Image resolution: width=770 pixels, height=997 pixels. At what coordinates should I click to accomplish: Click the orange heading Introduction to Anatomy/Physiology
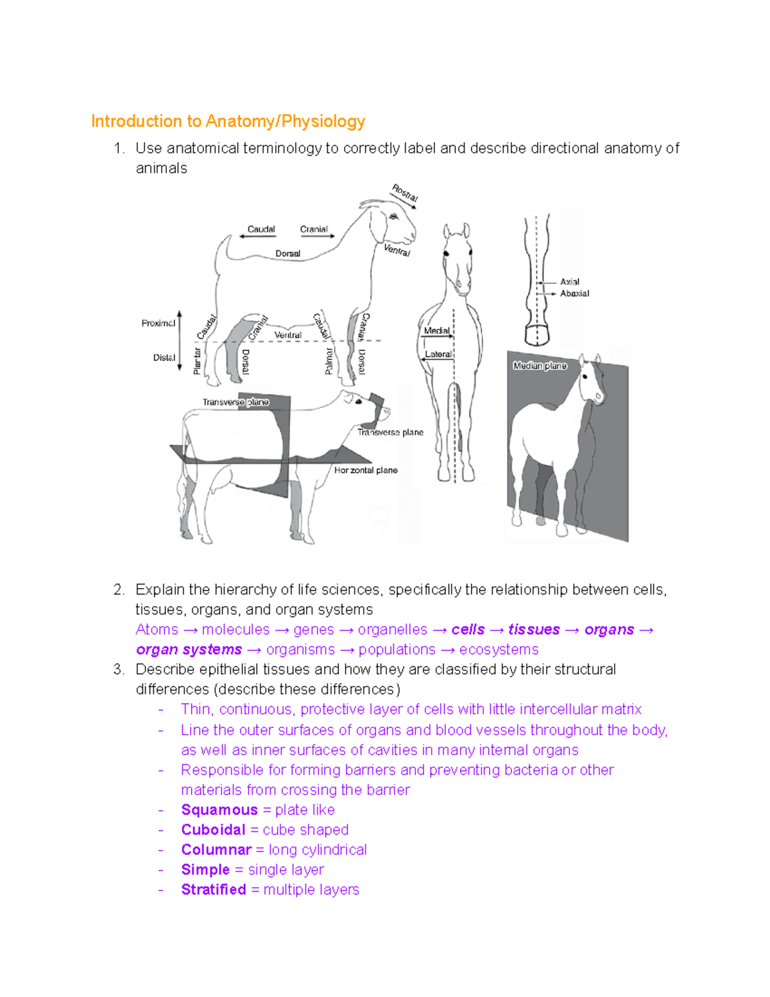[228, 121]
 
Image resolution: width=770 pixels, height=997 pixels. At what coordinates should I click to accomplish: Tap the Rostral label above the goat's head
[405, 193]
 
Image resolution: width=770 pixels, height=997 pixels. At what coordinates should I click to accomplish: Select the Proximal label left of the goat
[158, 323]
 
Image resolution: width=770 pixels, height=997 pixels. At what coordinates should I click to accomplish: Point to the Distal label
[164, 358]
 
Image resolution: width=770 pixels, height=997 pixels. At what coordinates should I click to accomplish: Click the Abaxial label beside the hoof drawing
[574, 293]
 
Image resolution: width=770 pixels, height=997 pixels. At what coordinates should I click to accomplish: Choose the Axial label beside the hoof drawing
[569, 281]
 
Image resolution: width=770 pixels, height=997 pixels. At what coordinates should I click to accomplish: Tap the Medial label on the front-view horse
[436, 331]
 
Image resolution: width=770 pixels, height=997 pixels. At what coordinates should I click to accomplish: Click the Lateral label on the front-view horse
[438, 354]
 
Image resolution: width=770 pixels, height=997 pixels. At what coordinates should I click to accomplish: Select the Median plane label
[540, 365]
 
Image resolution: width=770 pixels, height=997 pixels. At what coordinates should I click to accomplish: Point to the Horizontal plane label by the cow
[366, 470]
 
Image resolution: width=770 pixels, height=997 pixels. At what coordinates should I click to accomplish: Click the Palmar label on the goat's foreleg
[329, 361]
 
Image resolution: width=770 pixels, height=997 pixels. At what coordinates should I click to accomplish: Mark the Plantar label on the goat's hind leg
[197, 361]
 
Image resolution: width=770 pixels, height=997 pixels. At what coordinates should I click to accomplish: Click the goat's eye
[393, 216]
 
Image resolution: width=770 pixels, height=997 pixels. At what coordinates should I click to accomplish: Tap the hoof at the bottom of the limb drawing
[537, 334]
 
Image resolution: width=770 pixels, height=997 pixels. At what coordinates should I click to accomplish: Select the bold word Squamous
[219, 810]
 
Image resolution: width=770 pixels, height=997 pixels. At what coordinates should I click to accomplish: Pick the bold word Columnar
[216, 849]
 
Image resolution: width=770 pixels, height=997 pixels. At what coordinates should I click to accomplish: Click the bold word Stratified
[214, 889]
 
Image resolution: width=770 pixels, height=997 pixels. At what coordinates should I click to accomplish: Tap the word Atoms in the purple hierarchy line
[157, 629]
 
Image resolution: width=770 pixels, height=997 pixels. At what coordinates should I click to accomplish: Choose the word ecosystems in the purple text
[499, 649]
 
